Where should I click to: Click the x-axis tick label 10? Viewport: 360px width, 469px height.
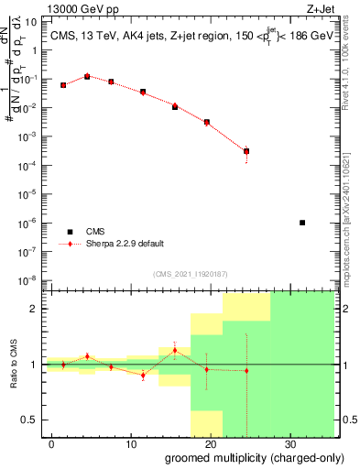pos(131,444)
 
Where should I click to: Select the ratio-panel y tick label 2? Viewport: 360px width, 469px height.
pos(36,309)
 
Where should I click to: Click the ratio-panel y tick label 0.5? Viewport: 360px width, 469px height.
pos(31,420)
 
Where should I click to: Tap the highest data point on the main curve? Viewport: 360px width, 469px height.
pos(87,77)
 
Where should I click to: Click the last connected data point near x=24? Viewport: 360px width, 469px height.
pos(246,151)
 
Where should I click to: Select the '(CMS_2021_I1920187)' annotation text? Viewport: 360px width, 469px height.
pos(189,273)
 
